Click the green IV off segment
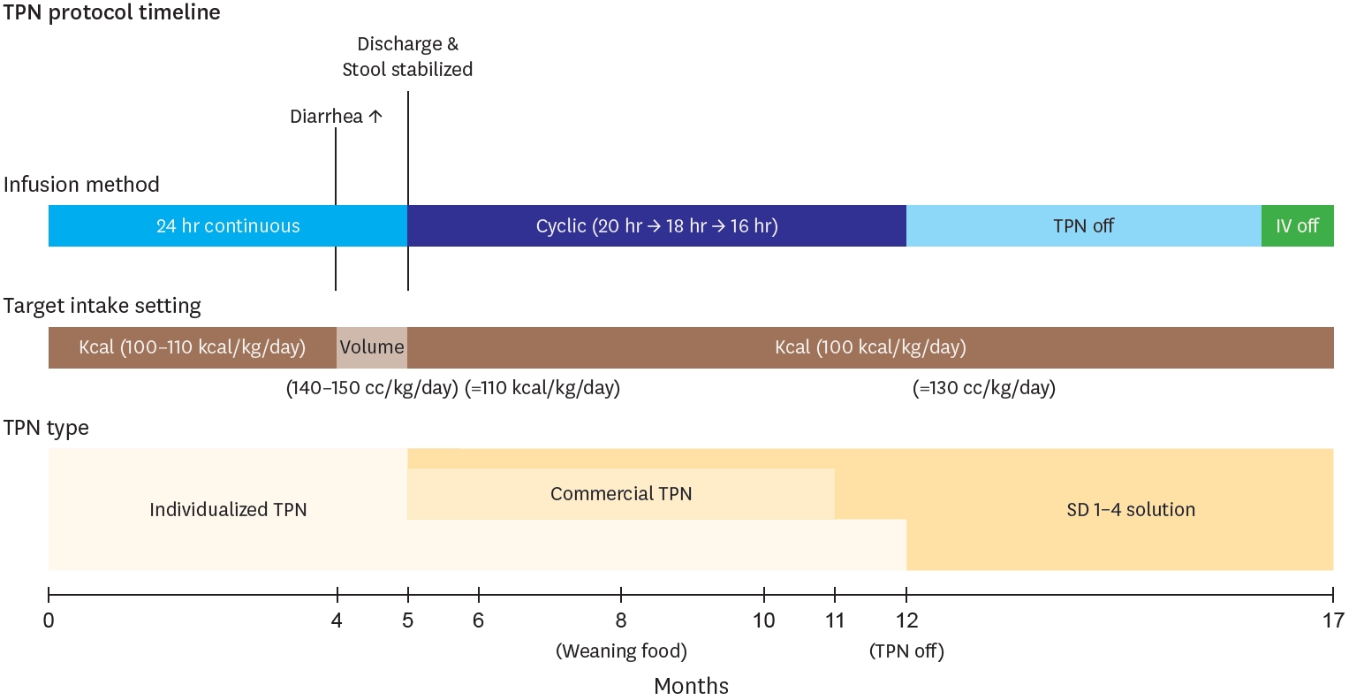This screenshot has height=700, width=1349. click(1297, 225)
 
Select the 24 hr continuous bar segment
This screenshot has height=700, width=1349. click(228, 225)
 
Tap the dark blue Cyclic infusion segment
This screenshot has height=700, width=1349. click(656, 225)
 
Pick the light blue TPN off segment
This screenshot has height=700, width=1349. click(1083, 225)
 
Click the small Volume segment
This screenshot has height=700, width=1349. click(372, 347)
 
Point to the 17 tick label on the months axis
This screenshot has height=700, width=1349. click(1332, 620)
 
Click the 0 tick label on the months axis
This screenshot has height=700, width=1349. click(49, 620)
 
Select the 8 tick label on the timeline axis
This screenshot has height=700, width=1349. click(621, 620)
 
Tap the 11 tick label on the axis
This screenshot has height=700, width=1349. click(834, 620)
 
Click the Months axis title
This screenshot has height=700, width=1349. click(691, 686)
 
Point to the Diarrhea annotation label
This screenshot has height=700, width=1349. click(336, 117)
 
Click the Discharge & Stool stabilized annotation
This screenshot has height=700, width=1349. click(407, 57)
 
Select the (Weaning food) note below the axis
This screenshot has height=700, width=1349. click(621, 652)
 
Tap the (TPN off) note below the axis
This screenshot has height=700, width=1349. click(906, 652)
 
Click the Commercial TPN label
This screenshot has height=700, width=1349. click(621, 494)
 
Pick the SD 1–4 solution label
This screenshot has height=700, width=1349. click(1131, 510)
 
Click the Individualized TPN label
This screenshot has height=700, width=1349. click(228, 510)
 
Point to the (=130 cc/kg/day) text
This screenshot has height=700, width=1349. click(984, 388)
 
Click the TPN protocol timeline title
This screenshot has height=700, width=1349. click(112, 12)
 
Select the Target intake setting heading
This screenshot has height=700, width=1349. click(102, 306)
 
